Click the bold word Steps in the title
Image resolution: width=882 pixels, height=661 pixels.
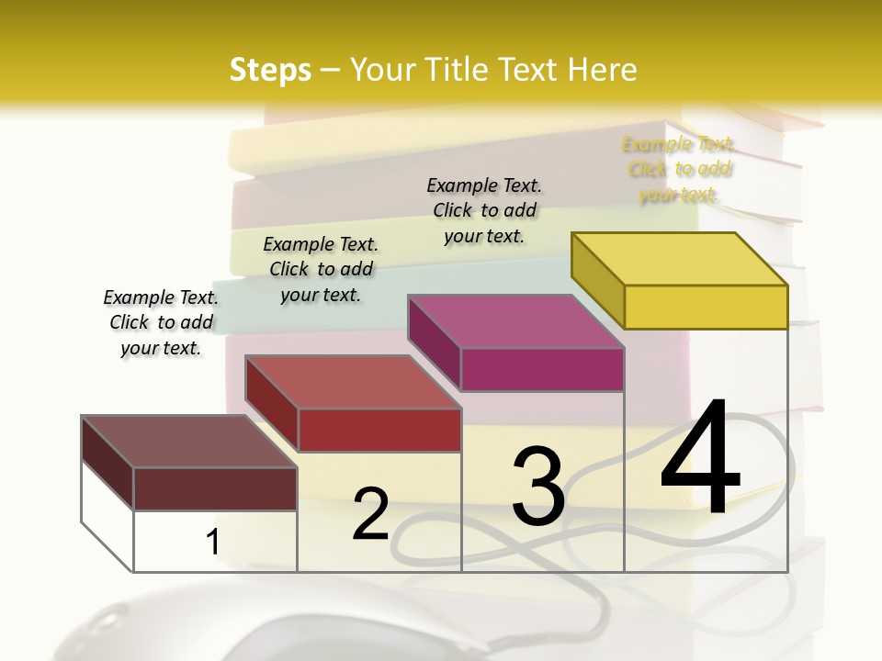click(x=270, y=70)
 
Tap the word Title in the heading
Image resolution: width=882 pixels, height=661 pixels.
click(x=458, y=70)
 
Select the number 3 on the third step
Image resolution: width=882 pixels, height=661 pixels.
click(x=538, y=486)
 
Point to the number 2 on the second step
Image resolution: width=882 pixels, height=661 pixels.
click(x=370, y=514)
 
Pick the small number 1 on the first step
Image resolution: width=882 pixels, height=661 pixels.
click(x=213, y=543)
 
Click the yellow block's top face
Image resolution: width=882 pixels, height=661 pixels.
click(x=680, y=258)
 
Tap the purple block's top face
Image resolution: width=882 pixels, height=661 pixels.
click(x=516, y=321)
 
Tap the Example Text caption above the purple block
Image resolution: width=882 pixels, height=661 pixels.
click(x=484, y=210)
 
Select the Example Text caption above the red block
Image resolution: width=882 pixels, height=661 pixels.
click(x=320, y=269)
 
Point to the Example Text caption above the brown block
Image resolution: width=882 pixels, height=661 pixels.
click(x=161, y=322)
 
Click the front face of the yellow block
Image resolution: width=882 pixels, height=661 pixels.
click(x=706, y=307)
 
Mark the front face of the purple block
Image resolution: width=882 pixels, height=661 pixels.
click(x=542, y=369)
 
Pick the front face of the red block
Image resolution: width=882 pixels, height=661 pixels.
click(x=379, y=430)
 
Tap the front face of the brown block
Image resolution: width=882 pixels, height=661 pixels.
click(x=215, y=488)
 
